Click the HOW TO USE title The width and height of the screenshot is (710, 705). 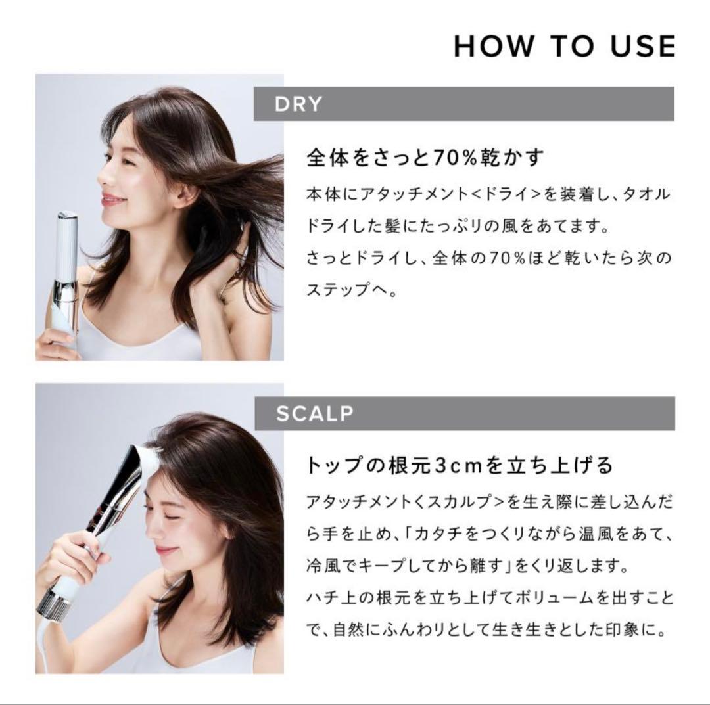[x=564, y=46]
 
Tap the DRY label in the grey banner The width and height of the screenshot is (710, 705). [x=299, y=104]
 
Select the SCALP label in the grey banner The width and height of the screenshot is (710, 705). [x=315, y=414]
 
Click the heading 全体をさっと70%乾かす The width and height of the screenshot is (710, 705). [x=427, y=158]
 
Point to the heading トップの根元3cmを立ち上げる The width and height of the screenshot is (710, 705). [x=460, y=465]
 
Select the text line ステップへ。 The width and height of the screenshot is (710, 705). [x=352, y=290]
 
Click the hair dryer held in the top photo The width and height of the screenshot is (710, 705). [x=67, y=276]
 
